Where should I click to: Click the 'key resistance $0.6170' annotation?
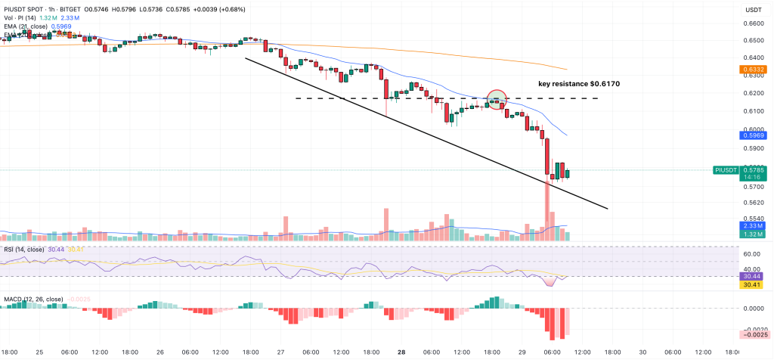tap(578, 84)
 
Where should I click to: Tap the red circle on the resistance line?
tap(497, 98)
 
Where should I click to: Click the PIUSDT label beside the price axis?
tap(727, 171)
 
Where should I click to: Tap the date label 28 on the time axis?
tap(401, 352)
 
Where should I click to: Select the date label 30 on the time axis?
tap(642, 352)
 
